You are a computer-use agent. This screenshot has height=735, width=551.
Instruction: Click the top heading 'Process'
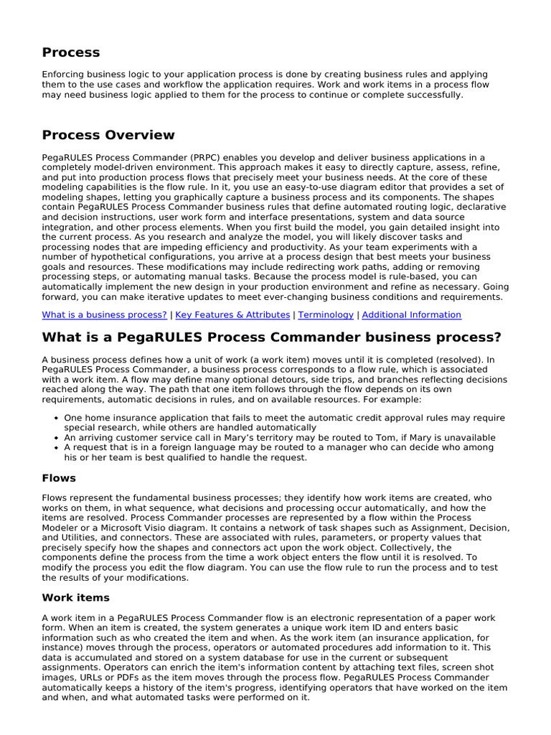(x=71, y=52)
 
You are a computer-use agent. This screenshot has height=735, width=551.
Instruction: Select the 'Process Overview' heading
(x=108, y=135)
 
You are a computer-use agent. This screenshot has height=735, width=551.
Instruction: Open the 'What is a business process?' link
(x=104, y=314)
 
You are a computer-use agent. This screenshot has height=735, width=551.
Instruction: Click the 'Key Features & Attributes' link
(x=232, y=314)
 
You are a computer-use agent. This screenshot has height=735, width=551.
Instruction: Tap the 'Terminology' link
(x=326, y=314)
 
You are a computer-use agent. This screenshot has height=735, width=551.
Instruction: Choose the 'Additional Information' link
(x=412, y=314)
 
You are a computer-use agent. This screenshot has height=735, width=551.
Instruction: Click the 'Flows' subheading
(x=59, y=477)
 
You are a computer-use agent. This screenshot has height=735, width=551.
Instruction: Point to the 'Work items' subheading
(x=75, y=597)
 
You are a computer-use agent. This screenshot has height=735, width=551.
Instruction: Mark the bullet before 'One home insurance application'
(x=56, y=418)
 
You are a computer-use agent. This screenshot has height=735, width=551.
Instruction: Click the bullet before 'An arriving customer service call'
(x=56, y=437)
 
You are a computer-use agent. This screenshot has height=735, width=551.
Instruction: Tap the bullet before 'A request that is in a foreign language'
(x=56, y=447)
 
